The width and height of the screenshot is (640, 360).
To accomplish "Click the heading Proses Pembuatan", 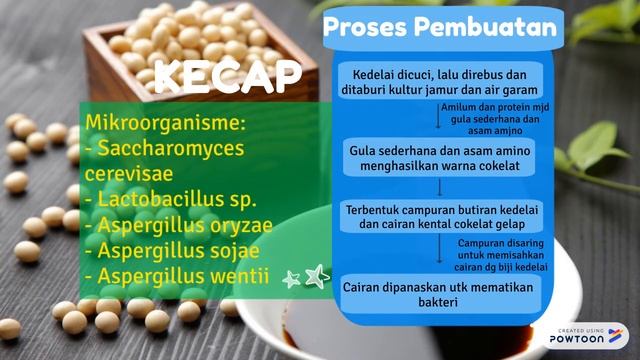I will coord(440,28).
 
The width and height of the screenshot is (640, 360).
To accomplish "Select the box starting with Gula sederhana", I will coord(440,156).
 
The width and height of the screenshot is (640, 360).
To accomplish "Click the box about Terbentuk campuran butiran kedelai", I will coord(440,218).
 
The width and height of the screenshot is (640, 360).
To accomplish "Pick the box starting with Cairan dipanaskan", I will coord(440,292).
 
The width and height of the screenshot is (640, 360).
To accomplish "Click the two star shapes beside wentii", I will coord(304,277).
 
